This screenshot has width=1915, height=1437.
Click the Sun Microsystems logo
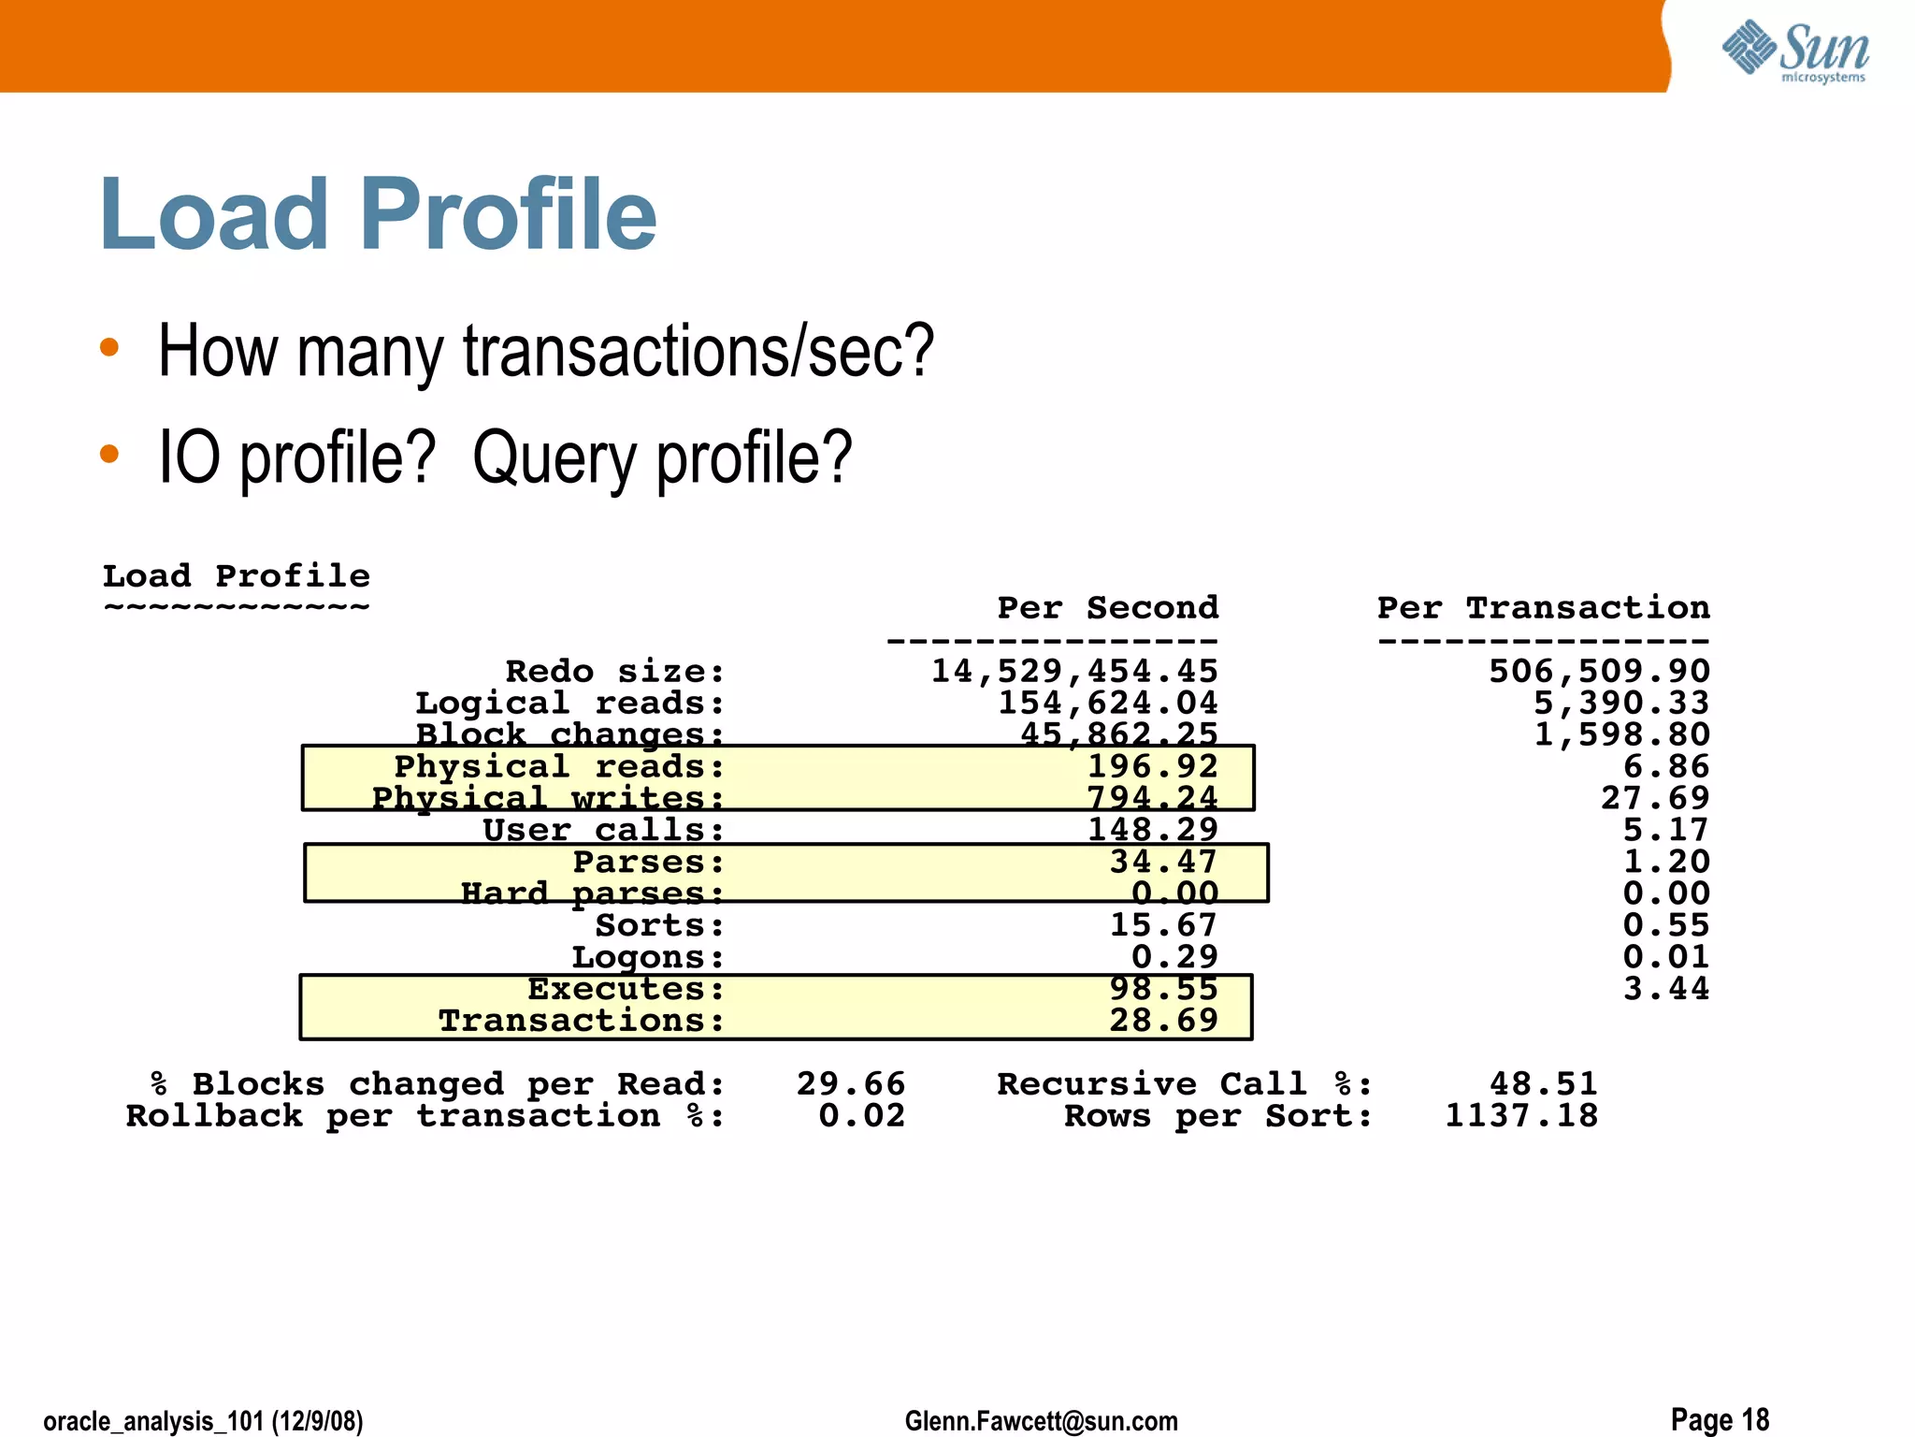click(1795, 51)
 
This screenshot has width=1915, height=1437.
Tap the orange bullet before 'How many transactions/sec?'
click(109, 348)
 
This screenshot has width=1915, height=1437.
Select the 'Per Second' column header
click(1107, 608)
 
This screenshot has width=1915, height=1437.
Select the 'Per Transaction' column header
click(1543, 608)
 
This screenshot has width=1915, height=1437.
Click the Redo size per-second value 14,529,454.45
click(1074, 671)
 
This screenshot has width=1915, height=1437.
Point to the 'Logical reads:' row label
click(569, 703)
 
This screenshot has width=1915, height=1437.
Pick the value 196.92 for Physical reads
click(1152, 766)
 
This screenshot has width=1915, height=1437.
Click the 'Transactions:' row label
click(582, 1020)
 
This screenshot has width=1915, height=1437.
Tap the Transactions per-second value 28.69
click(1163, 1020)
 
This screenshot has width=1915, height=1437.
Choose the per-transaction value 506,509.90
click(1599, 671)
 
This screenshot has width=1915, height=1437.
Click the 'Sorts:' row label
click(660, 925)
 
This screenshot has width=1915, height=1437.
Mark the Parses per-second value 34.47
click(1163, 862)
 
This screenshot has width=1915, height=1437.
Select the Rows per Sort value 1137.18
click(1521, 1115)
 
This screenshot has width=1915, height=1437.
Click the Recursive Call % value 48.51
click(1543, 1083)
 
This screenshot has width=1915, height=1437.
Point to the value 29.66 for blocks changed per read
click(850, 1083)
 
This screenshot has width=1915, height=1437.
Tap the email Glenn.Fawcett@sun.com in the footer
click(1041, 1421)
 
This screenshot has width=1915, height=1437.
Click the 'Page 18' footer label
click(1720, 1419)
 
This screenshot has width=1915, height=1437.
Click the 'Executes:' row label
click(626, 989)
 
